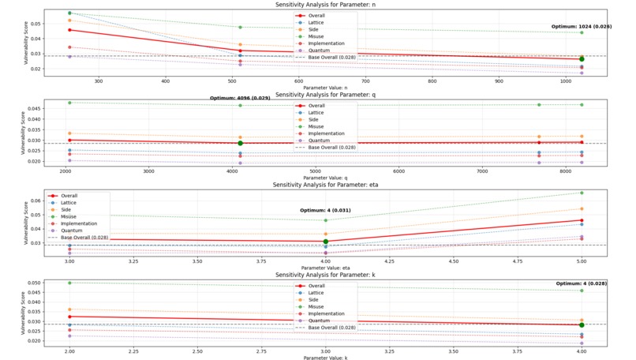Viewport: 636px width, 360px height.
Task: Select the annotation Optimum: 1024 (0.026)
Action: pyautogui.click(x=582, y=27)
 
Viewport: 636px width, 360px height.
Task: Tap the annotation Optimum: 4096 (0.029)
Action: pyautogui.click(x=240, y=98)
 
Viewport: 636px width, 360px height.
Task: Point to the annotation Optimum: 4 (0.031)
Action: pyautogui.click(x=325, y=211)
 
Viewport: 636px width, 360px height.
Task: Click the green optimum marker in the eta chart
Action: pyautogui.click(x=325, y=242)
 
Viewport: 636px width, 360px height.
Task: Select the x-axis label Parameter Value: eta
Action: pyautogui.click(x=325, y=268)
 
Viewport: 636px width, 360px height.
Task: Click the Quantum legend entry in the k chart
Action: pyautogui.click(x=319, y=321)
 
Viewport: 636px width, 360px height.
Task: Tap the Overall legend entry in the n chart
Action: pyautogui.click(x=316, y=16)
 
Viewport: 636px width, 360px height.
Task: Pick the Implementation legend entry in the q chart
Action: pyautogui.click(x=325, y=134)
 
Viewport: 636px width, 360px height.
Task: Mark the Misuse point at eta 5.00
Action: pyautogui.click(x=582, y=193)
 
